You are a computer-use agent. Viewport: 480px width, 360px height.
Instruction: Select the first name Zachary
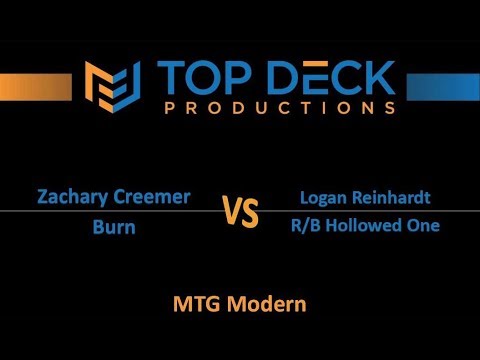click(x=70, y=197)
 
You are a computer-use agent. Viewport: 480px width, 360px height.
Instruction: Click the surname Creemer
click(x=150, y=197)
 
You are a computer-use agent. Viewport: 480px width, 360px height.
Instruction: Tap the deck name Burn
click(x=114, y=226)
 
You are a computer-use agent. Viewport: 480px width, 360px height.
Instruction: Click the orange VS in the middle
click(x=240, y=212)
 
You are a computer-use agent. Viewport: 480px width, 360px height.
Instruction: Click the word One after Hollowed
click(x=423, y=226)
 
